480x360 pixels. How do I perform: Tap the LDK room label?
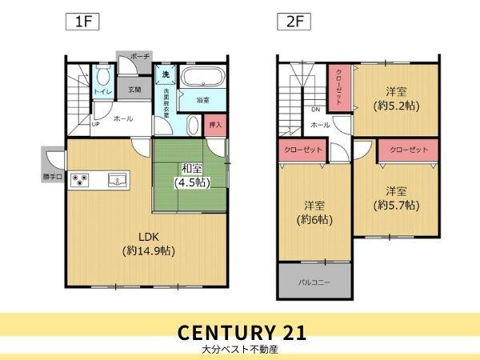click(x=150, y=243)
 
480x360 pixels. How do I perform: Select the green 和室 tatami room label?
click(x=191, y=174)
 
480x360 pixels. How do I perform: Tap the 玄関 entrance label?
click(x=134, y=90)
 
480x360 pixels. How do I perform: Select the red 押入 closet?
click(x=214, y=125)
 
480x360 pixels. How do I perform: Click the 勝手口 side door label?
click(x=53, y=178)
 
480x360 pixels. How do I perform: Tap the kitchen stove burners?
click(x=81, y=180)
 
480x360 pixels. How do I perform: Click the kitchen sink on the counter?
click(x=117, y=181)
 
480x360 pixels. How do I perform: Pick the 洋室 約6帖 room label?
click(x=313, y=211)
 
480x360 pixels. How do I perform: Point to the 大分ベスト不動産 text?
click(x=240, y=350)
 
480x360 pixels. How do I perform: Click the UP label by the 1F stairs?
click(x=96, y=125)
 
